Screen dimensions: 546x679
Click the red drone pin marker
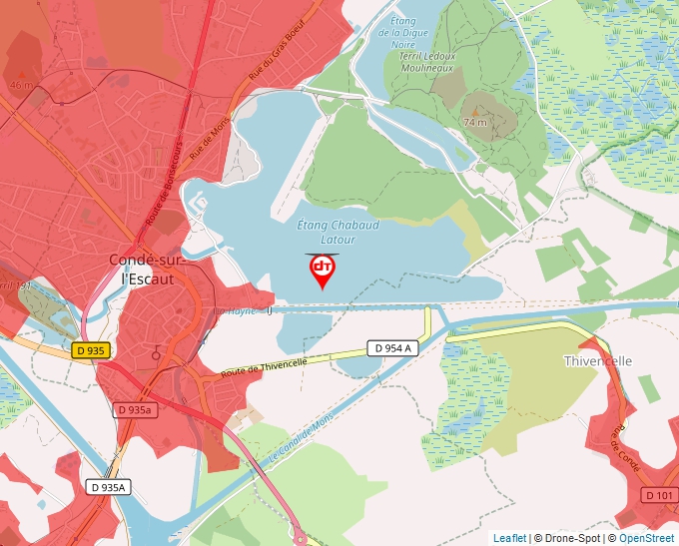322,270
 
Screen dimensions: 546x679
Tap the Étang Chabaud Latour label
339,233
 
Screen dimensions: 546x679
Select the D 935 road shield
89,350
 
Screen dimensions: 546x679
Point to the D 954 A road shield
390,347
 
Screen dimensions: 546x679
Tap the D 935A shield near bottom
108,487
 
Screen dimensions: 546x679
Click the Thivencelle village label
599,360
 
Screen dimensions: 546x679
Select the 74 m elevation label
475,122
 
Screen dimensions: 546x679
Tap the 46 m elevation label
20,85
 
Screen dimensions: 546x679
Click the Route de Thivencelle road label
265,365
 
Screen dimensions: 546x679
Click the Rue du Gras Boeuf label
277,53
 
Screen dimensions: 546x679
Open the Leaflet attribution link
509,538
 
